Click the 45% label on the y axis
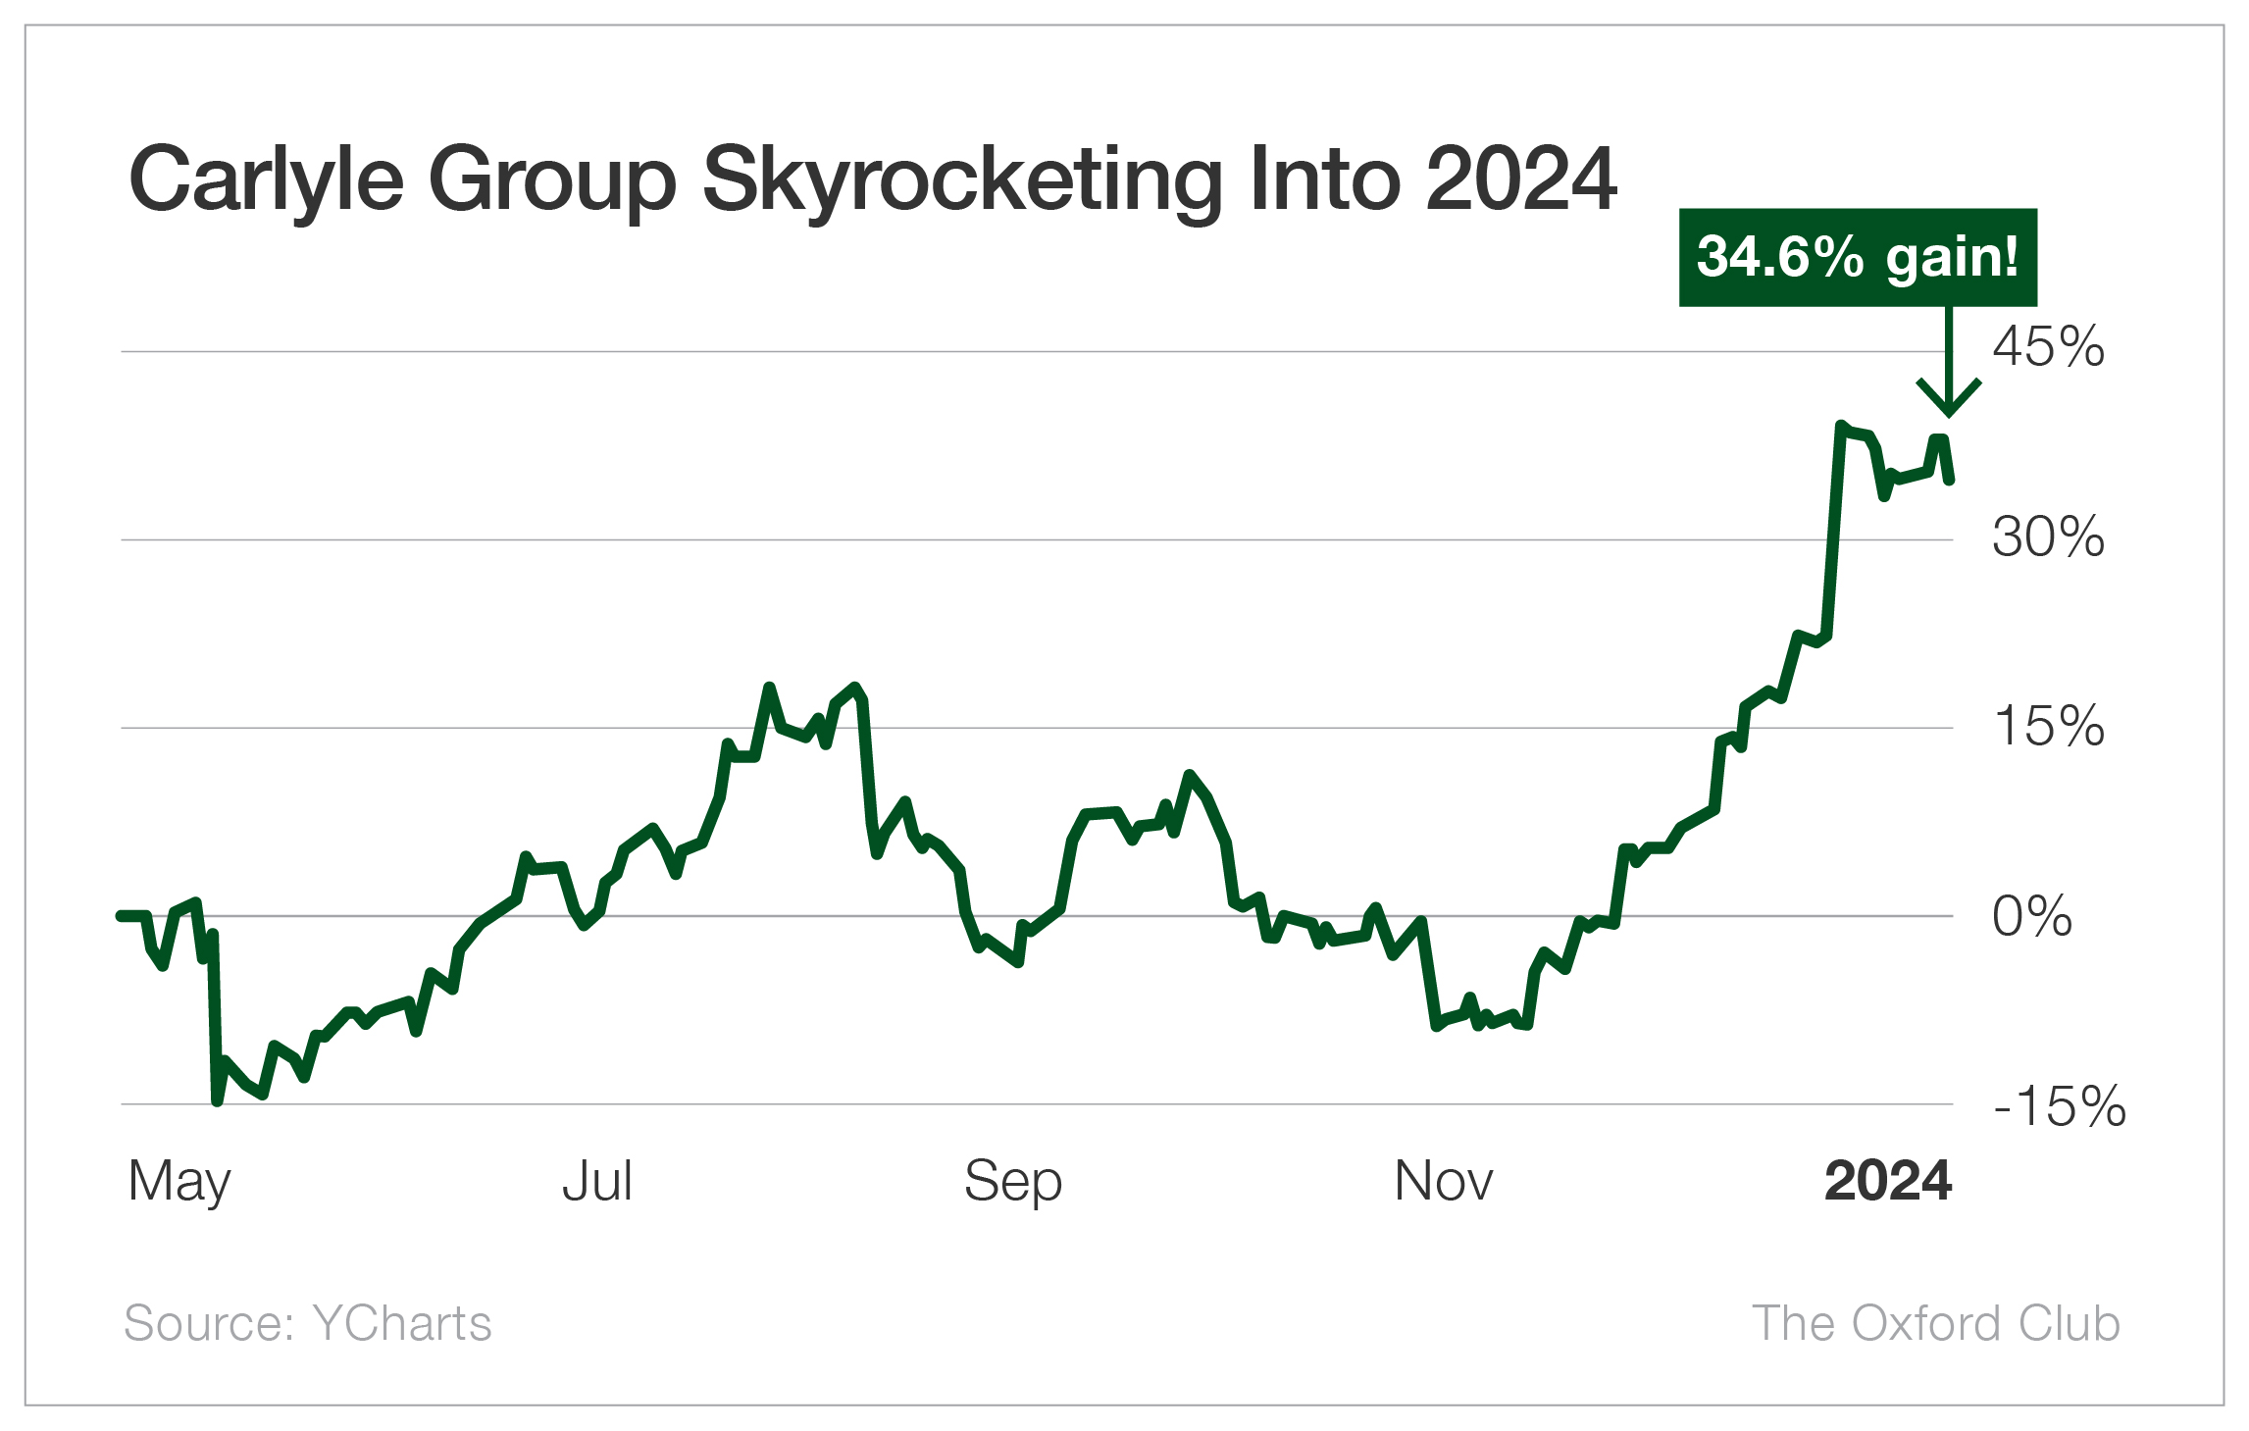click(2048, 347)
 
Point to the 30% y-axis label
click(2048, 537)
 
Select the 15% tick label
click(2048, 727)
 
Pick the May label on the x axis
click(179, 1182)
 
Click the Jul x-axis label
click(597, 1181)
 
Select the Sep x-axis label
click(1012, 1182)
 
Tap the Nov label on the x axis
click(1444, 1181)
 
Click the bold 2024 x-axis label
click(1888, 1181)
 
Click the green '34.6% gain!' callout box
click(1858, 258)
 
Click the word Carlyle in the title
click(266, 180)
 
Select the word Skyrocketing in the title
click(962, 180)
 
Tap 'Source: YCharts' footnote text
click(307, 1323)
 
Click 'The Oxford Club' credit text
click(1936, 1323)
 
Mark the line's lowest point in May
click(218, 1101)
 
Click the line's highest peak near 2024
click(1841, 426)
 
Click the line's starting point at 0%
click(121, 915)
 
